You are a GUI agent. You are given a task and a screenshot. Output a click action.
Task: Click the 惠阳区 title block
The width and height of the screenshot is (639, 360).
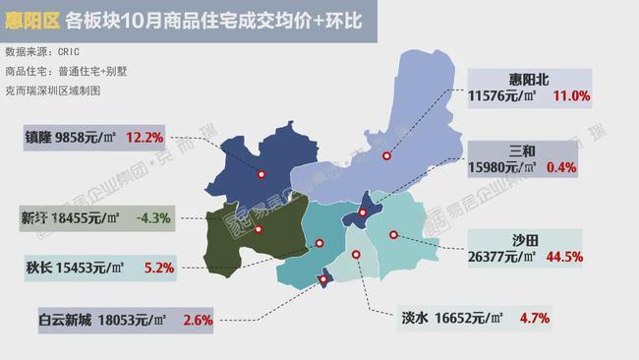tap(33, 20)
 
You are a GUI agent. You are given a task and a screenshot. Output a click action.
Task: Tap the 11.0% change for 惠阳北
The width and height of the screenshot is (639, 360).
tap(571, 96)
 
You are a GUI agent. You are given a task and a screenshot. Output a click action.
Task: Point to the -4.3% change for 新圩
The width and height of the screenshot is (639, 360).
tap(154, 216)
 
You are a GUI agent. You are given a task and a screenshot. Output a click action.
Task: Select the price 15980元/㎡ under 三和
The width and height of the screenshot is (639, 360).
tap(504, 168)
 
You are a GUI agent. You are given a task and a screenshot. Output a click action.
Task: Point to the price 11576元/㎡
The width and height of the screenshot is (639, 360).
tap(503, 96)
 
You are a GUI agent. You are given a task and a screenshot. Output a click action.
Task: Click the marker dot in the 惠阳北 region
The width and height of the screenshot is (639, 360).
tap(386, 155)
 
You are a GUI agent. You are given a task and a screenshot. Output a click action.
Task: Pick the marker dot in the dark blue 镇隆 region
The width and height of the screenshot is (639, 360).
tap(261, 175)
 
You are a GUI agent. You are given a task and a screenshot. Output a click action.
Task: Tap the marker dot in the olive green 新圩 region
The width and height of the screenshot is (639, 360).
tap(258, 230)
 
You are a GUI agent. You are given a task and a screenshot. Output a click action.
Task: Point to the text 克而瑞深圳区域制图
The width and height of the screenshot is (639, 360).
tap(53, 89)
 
